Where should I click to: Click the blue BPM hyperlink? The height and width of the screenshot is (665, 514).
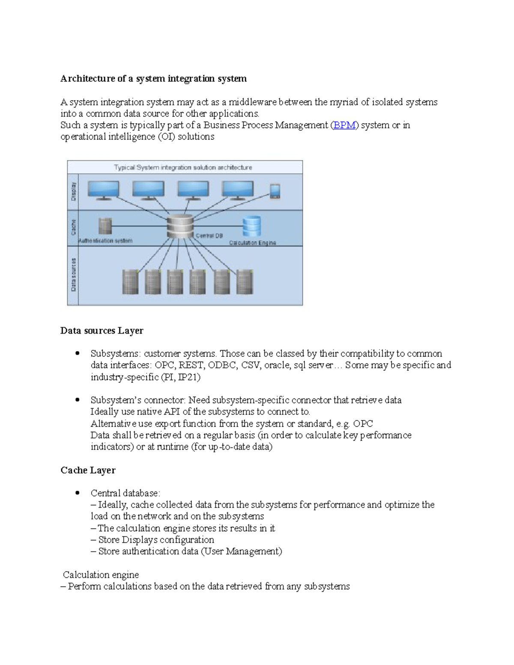(344, 125)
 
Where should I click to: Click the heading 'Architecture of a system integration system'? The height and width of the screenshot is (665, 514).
(153, 79)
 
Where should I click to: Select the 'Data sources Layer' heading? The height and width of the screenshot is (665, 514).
(102, 331)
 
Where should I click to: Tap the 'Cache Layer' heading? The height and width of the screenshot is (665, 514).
(88, 470)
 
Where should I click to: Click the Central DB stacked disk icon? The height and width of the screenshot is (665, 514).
(180, 227)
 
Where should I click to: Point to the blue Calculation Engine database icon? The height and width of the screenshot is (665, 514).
(251, 226)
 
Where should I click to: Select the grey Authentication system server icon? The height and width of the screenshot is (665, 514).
(105, 226)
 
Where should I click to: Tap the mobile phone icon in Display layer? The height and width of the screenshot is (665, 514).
(275, 191)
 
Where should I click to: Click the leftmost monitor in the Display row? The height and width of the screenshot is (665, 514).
(103, 190)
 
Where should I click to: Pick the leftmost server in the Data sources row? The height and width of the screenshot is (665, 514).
(130, 282)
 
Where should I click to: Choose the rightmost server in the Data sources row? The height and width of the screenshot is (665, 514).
(245, 282)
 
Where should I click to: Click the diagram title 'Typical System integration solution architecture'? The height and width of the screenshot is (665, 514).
(183, 167)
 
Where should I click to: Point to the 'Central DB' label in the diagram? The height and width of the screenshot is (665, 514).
(209, 236)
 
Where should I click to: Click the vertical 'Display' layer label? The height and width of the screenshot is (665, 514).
(73, 191)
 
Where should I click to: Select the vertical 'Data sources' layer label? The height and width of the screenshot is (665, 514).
(73, 275)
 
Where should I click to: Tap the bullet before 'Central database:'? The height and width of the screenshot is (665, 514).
(78, 493)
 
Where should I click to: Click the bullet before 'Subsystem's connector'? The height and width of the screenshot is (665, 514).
(78, 400)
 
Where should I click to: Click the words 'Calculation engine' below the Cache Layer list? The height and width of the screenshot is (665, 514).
(101, 575)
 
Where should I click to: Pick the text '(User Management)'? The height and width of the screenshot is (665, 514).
(241, 552)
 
